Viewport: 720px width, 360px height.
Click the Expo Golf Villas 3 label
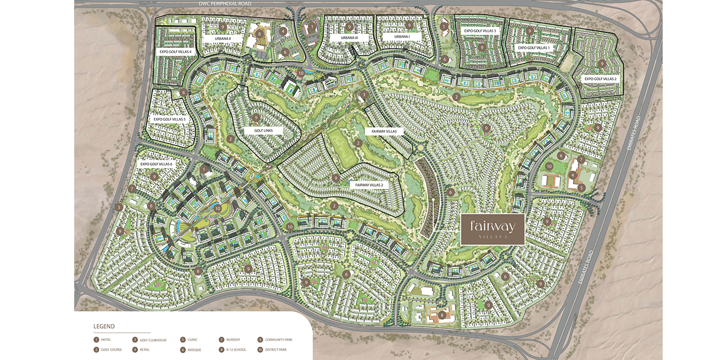480,31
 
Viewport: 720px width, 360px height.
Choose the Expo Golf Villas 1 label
533,47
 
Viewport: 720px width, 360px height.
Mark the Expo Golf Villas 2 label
600,79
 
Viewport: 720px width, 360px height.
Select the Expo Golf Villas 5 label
169,119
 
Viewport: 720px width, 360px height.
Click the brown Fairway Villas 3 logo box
492,228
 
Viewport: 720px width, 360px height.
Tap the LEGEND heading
104,326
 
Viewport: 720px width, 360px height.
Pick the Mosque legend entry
192,350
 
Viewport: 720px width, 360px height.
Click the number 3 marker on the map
364,94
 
